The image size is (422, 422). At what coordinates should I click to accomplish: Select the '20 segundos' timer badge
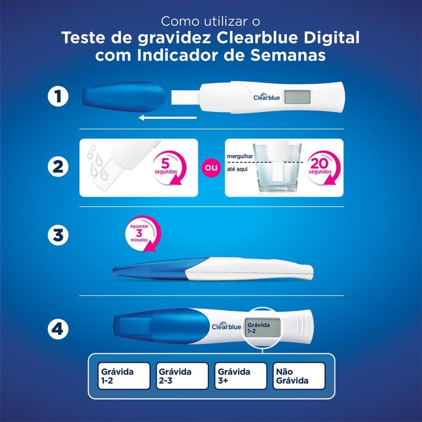[321, 167]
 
